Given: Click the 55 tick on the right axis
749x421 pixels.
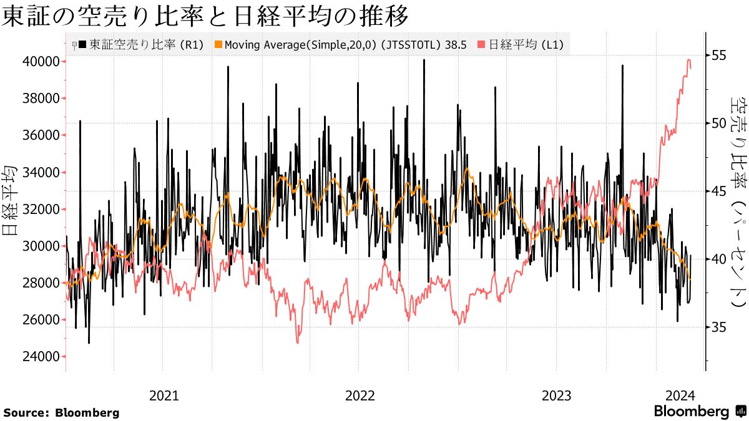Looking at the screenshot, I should coord(719,55).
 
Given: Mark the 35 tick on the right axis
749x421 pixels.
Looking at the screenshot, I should coord(719,327).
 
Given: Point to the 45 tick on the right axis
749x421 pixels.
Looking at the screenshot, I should coord(719,191).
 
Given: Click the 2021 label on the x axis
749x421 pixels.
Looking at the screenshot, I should coord(164,395).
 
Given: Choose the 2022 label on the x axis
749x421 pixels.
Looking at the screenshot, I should coord(360,395).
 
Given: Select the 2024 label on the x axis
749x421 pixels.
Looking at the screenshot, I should coord(680,395).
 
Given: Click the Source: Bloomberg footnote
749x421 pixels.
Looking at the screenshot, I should coord(61,413).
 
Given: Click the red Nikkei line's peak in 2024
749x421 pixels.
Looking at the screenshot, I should coord(688,60).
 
